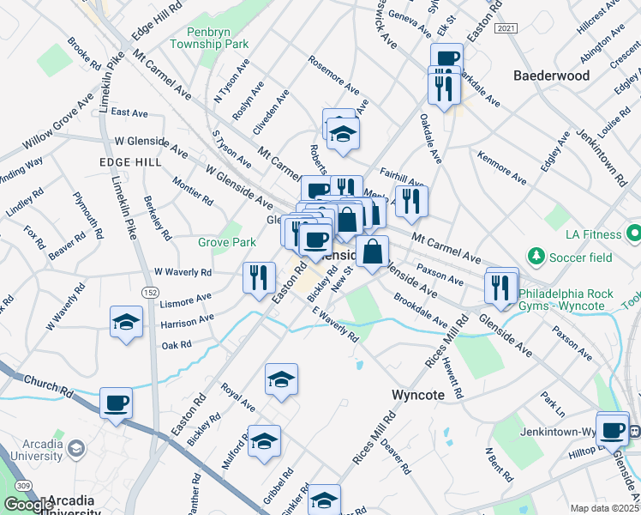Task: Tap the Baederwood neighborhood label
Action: [x=552, y=76]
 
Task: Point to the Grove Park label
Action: [x=227, y=243]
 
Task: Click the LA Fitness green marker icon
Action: [x=634, y=233]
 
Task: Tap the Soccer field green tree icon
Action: [x=536, y=256]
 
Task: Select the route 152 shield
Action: [x=151, y=294]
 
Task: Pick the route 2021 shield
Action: [x=506, y=28]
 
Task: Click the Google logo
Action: [x=28, y=505]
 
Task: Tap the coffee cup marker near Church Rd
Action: [x=116, y=403]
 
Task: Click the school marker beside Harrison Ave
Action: [x=127, y=323]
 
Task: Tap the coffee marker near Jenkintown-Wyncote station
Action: [x=612, y=430]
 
